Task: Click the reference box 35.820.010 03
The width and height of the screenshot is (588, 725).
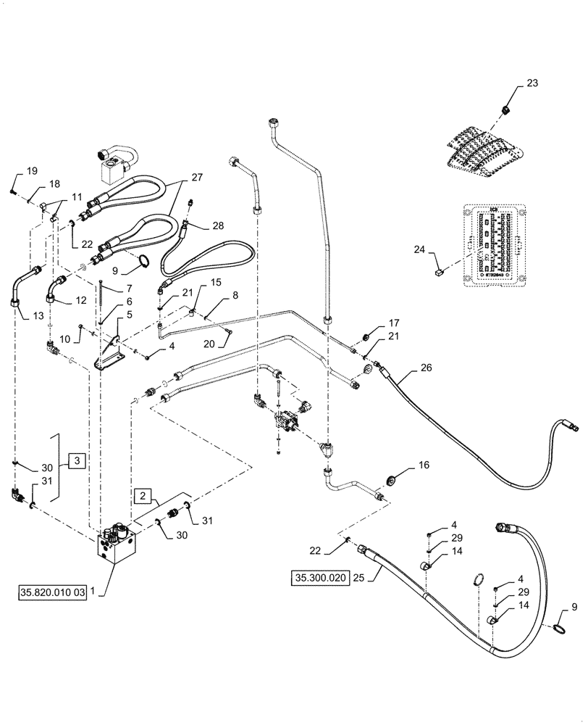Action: pos(52,592)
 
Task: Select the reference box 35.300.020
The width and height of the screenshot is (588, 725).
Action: pos(319,578)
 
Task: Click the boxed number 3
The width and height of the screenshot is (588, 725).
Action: pos(78,461)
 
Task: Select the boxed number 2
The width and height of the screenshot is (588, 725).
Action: pos(143,496)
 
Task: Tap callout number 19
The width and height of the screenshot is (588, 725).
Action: pos(32,171)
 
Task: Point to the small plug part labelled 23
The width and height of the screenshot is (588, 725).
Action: pos(505,109)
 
